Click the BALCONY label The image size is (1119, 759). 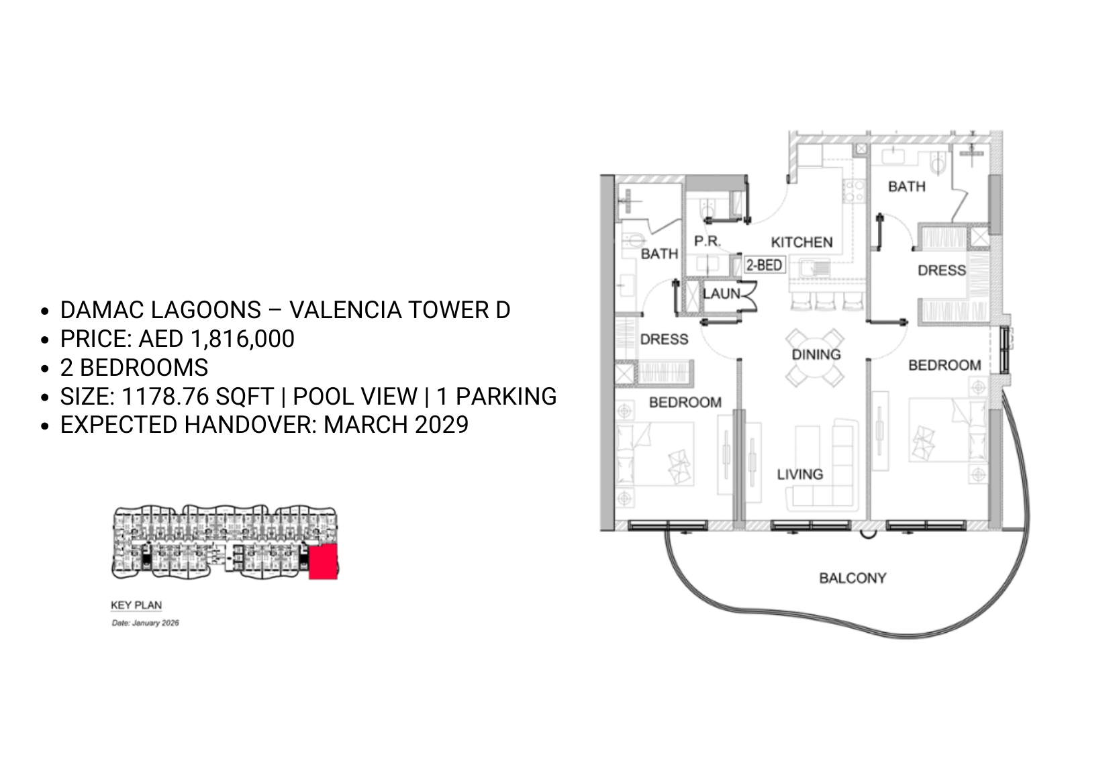click(853, 578)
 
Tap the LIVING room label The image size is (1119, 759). click(799, 474)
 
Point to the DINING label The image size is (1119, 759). click(816, 354)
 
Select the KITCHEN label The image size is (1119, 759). click(801, 242)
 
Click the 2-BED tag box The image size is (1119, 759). click(765, 264)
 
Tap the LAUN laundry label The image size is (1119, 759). click(722, 293)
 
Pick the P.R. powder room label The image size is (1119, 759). click(708, 241)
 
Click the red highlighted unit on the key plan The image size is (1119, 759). click(323, 562)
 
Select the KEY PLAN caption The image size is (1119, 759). click(136, 605)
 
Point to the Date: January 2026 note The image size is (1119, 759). click(146, 623)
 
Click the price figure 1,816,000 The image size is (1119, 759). click(242, 338)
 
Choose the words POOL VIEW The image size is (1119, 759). click(355, 397)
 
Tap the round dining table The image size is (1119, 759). click(815, 358)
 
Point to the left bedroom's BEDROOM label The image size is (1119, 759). click(685, 402)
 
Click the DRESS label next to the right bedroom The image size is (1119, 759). click(942, 270)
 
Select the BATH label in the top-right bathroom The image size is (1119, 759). click(907, 187)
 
